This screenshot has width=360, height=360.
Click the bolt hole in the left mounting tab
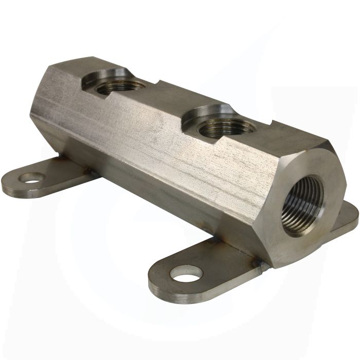[x=32, y=178]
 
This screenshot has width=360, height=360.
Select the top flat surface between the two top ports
[x=165, y=100]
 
